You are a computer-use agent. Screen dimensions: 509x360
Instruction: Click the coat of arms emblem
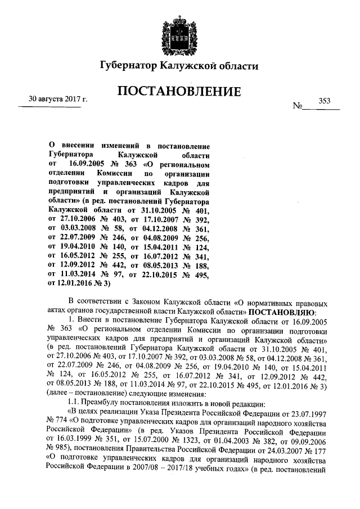tap(180, 31)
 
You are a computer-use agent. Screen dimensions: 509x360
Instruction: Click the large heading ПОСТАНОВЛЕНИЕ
tap(180, 91)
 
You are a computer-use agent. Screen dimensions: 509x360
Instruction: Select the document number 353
tap(325, 101)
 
